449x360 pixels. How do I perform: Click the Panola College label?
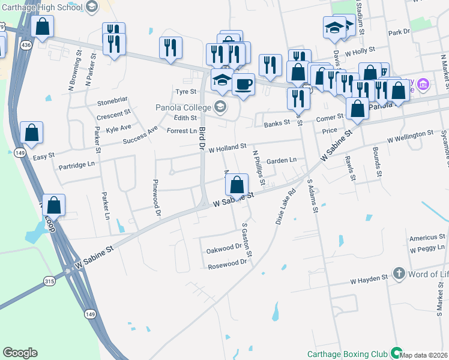point(185,107)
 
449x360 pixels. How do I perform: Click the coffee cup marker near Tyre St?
point(243,83)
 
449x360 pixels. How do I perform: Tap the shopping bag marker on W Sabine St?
point(237,185)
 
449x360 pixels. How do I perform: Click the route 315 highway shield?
point(49,280)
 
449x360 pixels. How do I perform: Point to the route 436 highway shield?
point(26,45)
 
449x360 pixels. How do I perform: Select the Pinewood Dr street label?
point(157,197)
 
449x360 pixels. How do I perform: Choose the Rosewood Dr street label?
point(227,262)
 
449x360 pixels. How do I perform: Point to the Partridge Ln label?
point(77,164)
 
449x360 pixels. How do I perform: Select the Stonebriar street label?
point(113,103)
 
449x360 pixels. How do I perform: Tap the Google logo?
point(20,353)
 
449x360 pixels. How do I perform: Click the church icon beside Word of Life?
point(398,274)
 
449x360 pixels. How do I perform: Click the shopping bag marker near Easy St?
point(31,133)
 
